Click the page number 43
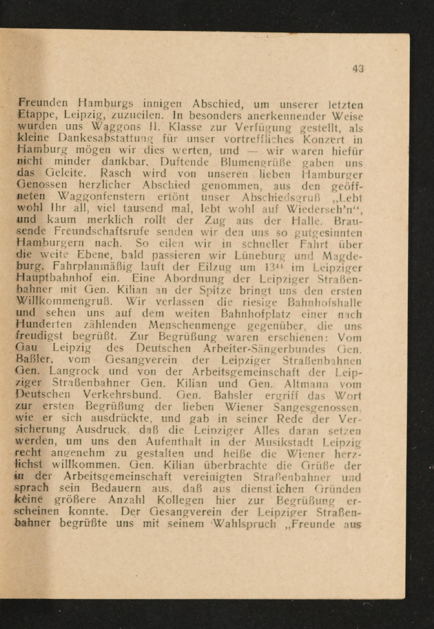(358, 69)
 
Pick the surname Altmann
(304, 384)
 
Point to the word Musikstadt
(284, 442)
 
